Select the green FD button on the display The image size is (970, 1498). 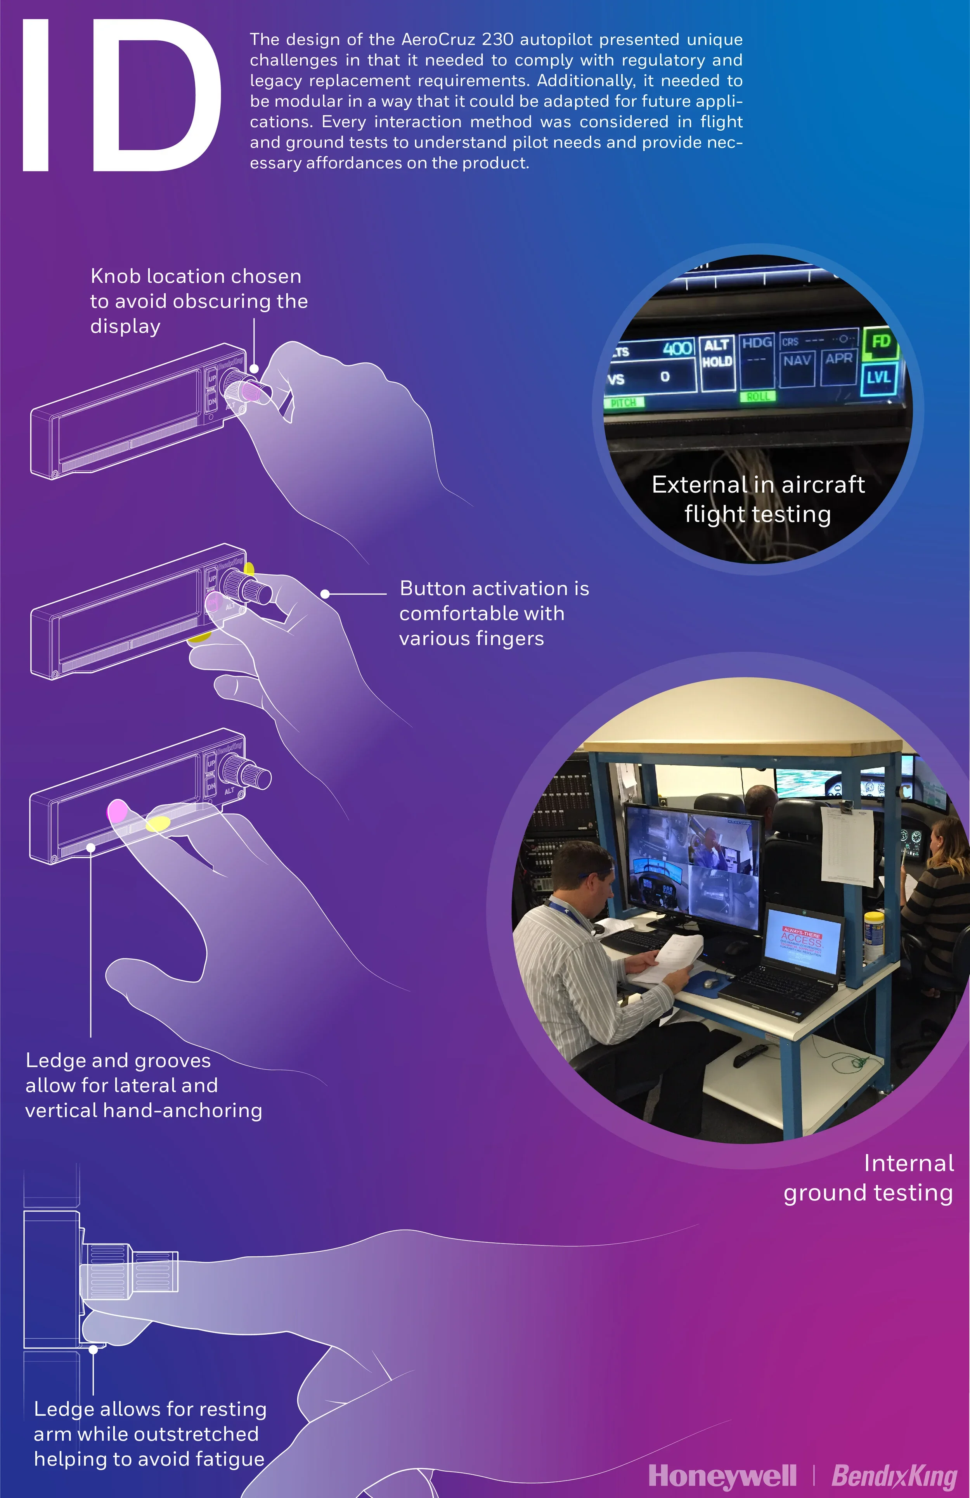coord(880,342)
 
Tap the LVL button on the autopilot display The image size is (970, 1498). coord(878,378)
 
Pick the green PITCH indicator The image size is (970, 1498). coord(623,402)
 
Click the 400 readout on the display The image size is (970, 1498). coord(677,348)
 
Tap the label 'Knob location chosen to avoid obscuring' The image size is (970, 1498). coord(198,301)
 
